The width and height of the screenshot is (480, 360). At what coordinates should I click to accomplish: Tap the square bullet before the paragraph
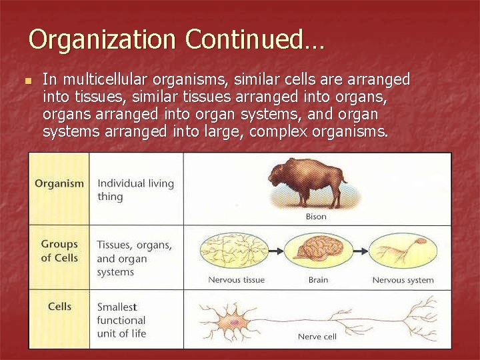[27, 81]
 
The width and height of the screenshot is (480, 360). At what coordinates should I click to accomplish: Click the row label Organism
[59, 184]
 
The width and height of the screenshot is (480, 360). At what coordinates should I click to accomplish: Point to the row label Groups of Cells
[59, 251]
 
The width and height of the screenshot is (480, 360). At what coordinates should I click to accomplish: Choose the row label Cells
[59, 307]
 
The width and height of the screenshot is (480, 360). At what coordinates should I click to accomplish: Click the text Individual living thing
[135, 190]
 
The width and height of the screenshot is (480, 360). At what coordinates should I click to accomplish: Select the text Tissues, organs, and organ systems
[134, 259]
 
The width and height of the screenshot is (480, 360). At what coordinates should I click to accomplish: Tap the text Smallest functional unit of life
[121, 321]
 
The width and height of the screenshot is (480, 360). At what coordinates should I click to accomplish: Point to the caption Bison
[316, 217]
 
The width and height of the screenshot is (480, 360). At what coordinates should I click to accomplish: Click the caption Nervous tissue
[236, 280]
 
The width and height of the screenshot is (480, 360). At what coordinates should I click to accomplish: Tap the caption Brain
[318, 280]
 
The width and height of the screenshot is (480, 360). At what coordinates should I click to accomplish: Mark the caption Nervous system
[403, 280]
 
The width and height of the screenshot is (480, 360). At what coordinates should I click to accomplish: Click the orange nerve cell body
[235, 321]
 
